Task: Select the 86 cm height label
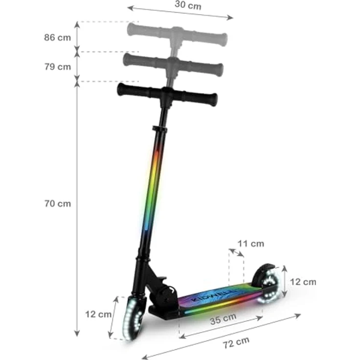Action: (57, 37)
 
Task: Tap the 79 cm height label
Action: (57, 67)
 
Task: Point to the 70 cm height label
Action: (57, 203)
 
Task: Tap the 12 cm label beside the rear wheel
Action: (303, 282)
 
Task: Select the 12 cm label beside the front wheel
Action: (98, 314)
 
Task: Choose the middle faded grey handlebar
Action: (174, 64)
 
